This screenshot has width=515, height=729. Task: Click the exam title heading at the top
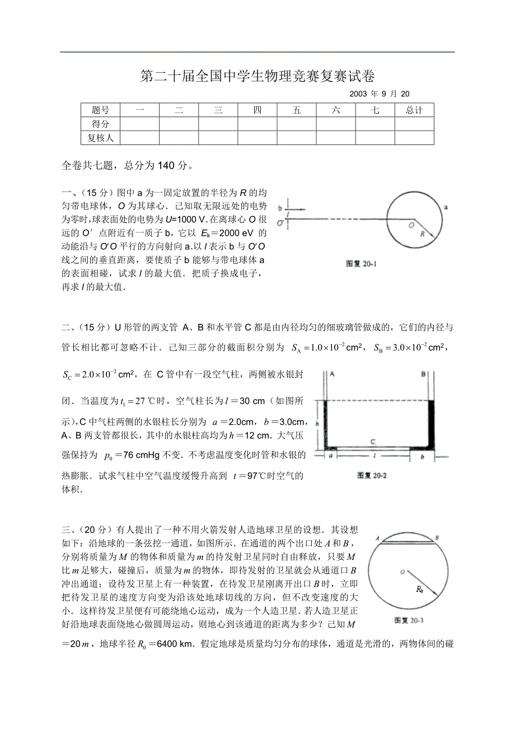point(257,76)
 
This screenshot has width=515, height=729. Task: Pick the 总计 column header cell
point(414,110)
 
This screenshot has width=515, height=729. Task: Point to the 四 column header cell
point(257,110)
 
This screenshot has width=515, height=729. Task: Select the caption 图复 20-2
point(372,476)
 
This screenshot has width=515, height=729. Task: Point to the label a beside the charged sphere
point(446,207)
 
